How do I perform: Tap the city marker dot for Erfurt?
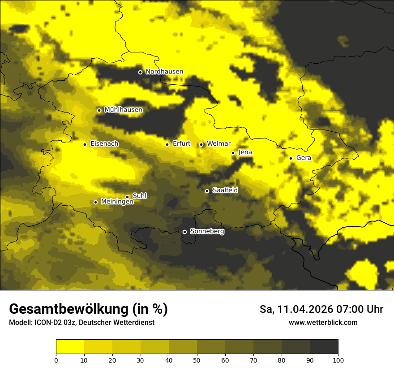(x=167, y=144)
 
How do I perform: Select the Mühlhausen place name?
(x=123, y=110)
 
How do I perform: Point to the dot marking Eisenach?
(x=85, y=144)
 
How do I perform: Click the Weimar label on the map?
(x=218, y=144)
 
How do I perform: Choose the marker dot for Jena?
(x=233, y=153)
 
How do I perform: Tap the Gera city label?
(x=304, y=158)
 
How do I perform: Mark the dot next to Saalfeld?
(x=207, y=191)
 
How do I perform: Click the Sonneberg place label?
(x=207, y=232)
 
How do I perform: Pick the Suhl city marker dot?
(x=128, y=197)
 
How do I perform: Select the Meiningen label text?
(x=117, y=202)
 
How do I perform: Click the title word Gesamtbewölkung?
(x=68, y=309)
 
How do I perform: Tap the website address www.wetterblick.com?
(x=323, y=323)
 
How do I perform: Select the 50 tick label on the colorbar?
(x=197, y=360)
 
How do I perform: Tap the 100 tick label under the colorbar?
(x=338, y=360)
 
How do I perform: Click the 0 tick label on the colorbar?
(x=56, y=360)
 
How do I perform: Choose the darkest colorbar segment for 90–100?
(x=324, y=347)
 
